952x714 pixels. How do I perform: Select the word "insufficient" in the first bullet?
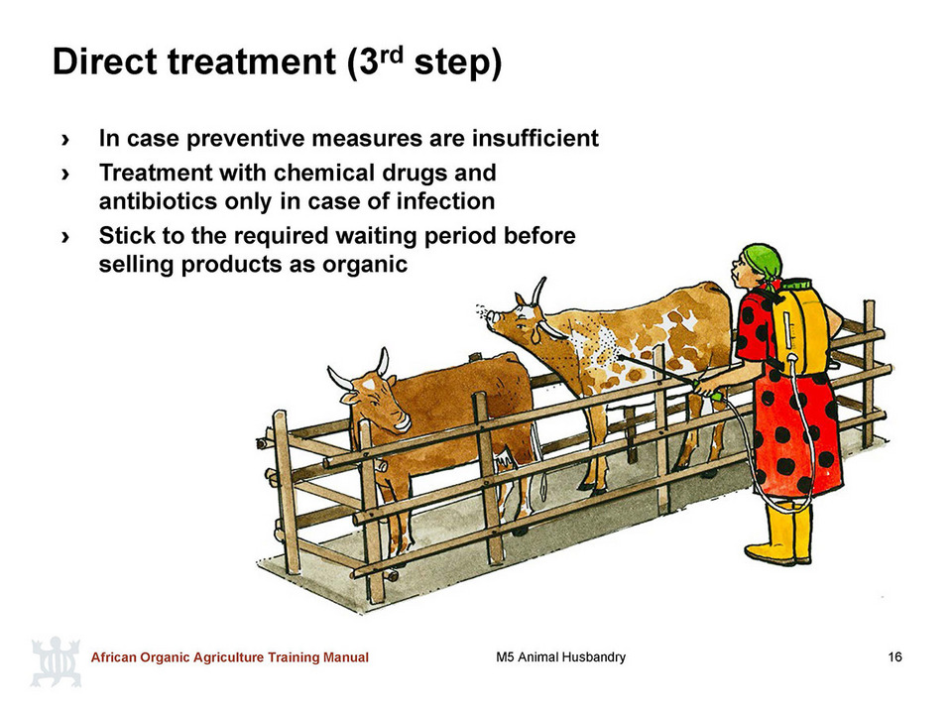coord(535,139)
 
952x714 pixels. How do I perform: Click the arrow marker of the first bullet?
coord(65,140)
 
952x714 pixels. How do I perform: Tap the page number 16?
coord(894,656)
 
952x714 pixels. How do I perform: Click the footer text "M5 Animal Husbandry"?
coord(560,656)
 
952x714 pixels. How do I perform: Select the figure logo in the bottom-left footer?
coord(56,661)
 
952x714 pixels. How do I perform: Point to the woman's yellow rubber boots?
coord(779,534)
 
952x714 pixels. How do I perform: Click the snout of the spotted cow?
coord(496,317)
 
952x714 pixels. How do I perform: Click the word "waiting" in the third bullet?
coord(374,236)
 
